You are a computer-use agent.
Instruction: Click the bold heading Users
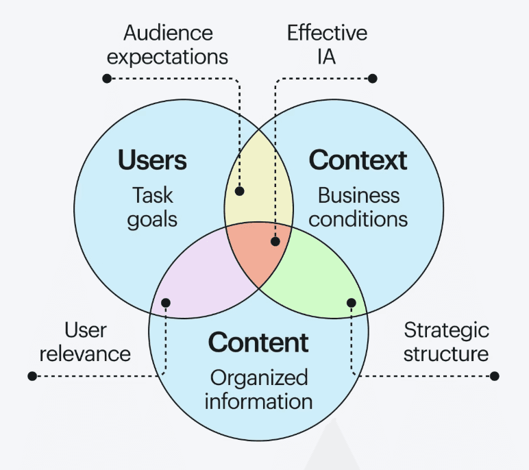152,160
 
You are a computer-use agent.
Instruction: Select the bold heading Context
358,160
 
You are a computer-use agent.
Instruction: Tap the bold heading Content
258,342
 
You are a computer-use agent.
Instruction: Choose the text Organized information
258,388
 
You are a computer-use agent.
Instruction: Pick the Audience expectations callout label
168,44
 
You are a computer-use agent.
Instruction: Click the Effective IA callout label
327,44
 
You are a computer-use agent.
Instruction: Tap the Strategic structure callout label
446,341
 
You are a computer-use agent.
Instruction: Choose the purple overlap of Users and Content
195,281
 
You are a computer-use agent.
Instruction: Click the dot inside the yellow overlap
241,193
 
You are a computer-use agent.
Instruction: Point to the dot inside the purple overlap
166,302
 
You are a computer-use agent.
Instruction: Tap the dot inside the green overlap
352,302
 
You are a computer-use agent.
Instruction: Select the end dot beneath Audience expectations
107,79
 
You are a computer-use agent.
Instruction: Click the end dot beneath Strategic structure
495,376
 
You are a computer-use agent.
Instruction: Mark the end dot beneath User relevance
32,376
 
